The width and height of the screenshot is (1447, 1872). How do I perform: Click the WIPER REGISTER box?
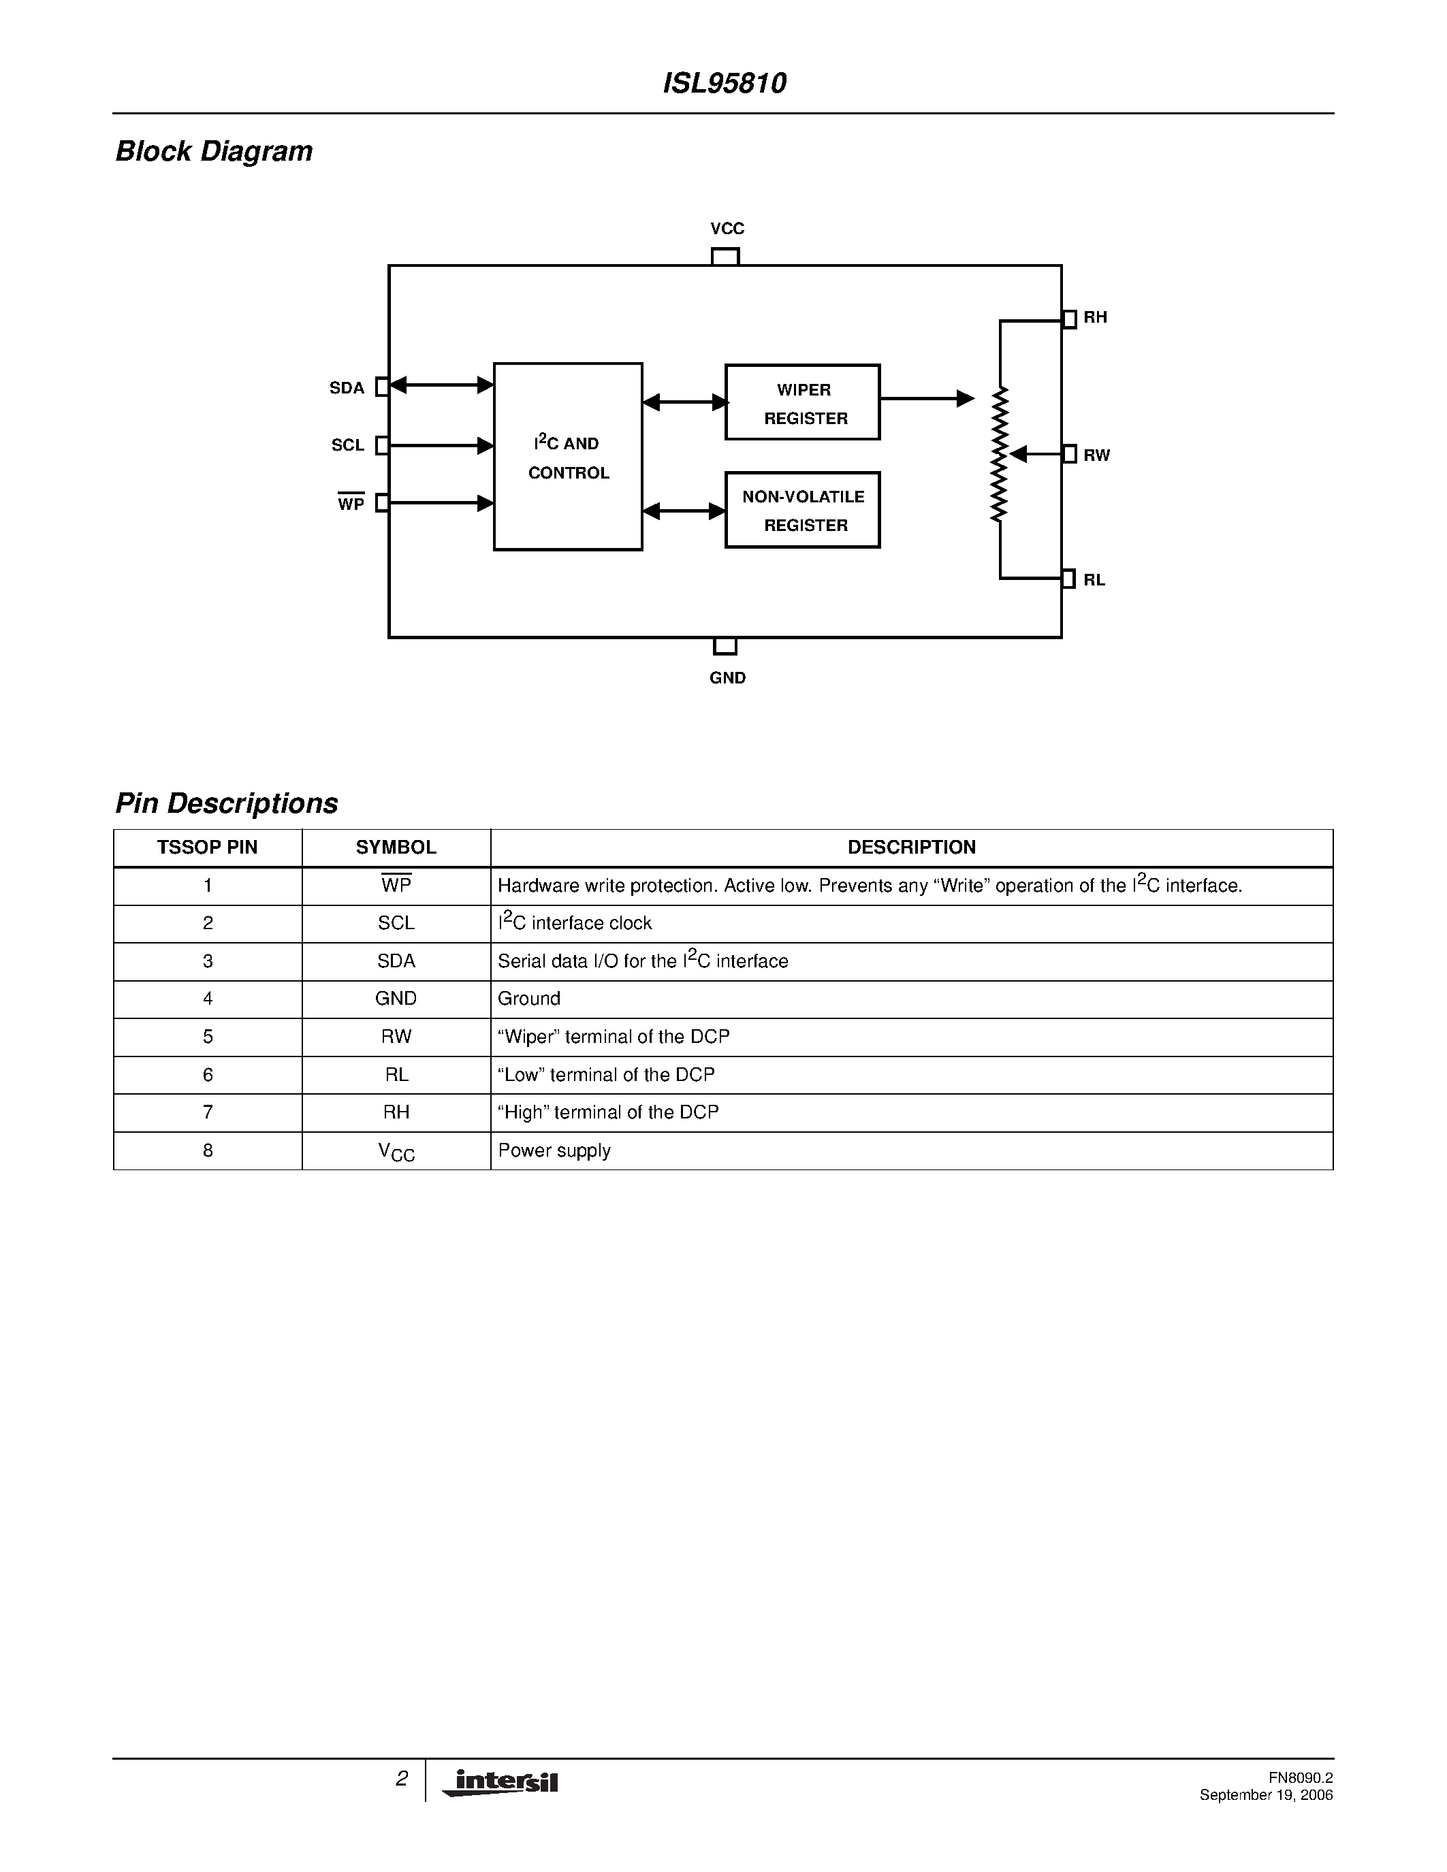[802, 403]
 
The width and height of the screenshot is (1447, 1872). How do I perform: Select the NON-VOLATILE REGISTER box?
[802, 510]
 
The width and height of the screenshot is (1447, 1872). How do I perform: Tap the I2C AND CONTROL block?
[567, 457]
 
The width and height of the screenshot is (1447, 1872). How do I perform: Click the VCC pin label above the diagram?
[727, 229]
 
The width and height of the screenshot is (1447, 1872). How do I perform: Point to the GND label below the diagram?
[727, 678]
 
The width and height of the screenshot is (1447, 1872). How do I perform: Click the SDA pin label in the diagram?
[347, 388]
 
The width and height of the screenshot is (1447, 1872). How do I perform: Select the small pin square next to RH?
[1069, 319]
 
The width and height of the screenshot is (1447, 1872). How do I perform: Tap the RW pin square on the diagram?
[1069, 454]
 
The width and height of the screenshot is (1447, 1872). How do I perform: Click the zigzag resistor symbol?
[1000, 454]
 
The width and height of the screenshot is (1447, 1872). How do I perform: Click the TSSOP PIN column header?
[208, 848]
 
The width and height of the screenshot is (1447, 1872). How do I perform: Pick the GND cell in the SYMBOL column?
[396, 999]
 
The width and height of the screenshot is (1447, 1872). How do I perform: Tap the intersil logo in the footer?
[500, 1783]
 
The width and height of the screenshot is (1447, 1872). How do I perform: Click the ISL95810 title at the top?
[725, 83]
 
